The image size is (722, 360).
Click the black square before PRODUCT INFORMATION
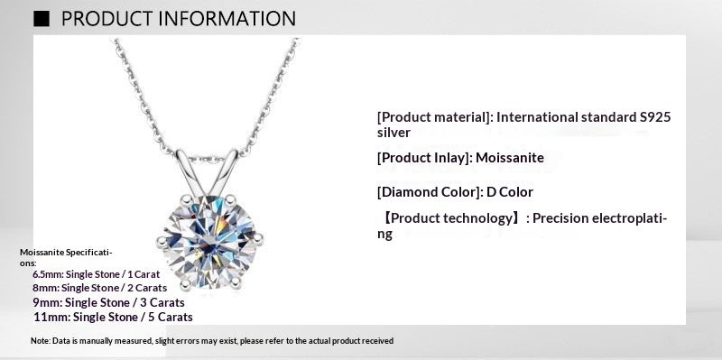click(41, 18)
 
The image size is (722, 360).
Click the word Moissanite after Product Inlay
click(509, 158)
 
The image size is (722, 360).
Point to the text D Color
click(510, 192)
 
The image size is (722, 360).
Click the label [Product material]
click(434, 117)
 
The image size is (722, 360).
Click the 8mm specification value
click(45, 287)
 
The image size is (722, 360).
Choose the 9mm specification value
click(46, 301)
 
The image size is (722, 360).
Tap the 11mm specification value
click(49, 317)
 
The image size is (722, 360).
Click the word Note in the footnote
click(40, 341)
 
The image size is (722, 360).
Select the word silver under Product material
click(393, 133)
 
